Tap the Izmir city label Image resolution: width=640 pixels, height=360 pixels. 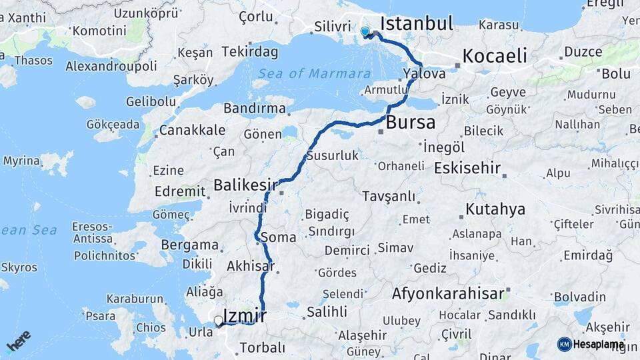(x=245, y=315)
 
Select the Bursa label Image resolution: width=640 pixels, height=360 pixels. (x=410, y=123)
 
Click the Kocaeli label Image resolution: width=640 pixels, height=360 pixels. (x=494, y=56)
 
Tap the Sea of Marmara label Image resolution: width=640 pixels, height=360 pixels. (x=315, y=73)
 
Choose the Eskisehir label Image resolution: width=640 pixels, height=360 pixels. (x=467, y=168)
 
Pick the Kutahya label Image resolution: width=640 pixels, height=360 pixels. (x=495, y=209)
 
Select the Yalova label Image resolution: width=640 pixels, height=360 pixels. (x=424, y=74)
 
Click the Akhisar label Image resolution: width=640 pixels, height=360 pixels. (x=251, y=266)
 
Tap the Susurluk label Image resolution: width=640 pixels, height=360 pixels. (x=332, y=156)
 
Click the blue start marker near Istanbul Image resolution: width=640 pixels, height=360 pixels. (x=365, y=31)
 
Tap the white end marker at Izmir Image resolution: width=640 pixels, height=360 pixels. (x=218, y=321)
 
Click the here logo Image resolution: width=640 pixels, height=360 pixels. (x=18, y=341)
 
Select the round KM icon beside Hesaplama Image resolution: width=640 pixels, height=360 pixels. (x=564, y=344)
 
